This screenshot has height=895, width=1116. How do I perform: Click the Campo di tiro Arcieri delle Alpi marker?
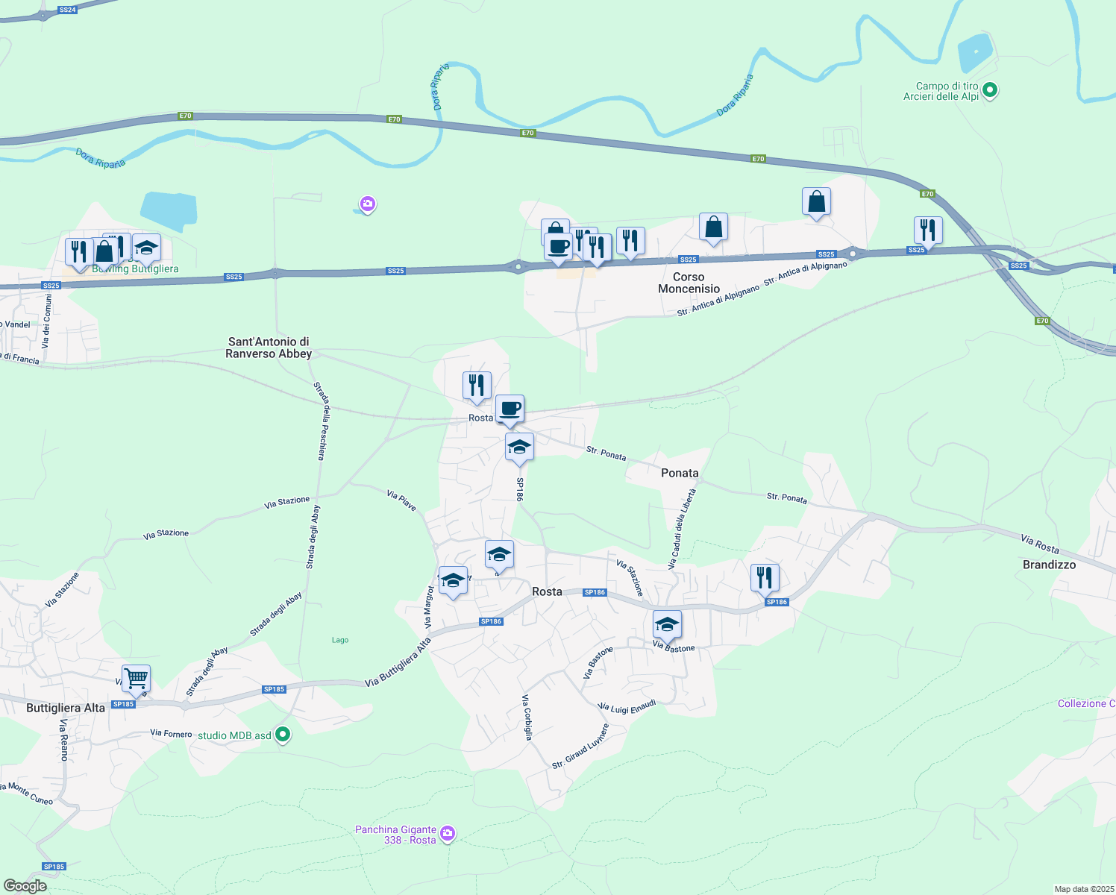click(990, 91)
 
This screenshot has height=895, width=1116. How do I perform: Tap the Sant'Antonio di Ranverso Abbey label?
click(269, 348)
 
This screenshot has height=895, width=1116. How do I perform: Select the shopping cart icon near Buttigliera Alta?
click(136, 679)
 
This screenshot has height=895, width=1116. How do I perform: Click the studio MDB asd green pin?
click(283, 735)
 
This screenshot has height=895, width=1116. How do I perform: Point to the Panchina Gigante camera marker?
click(448, 834)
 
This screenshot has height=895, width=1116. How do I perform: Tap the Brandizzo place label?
click(1049, 565)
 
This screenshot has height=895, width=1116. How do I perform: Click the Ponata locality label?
click(680, 473)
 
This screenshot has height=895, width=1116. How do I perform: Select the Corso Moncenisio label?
click(689, 283)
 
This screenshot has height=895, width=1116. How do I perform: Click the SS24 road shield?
click(67, 10)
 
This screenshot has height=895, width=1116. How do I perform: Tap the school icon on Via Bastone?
click(667, 624)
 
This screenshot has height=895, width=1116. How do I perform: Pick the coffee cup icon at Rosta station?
click(510, 409)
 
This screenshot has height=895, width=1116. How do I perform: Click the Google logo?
click(25, 886)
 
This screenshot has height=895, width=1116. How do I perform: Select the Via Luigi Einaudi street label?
click(627, 706)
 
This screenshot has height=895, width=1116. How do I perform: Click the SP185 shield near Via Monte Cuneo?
click(54, 867)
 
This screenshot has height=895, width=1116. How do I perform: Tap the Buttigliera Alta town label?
click(66, 708)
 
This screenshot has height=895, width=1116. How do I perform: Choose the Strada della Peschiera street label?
click(319, 421)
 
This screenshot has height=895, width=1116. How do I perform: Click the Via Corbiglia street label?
click(527, 717)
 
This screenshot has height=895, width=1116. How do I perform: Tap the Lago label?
click(340, 640)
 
